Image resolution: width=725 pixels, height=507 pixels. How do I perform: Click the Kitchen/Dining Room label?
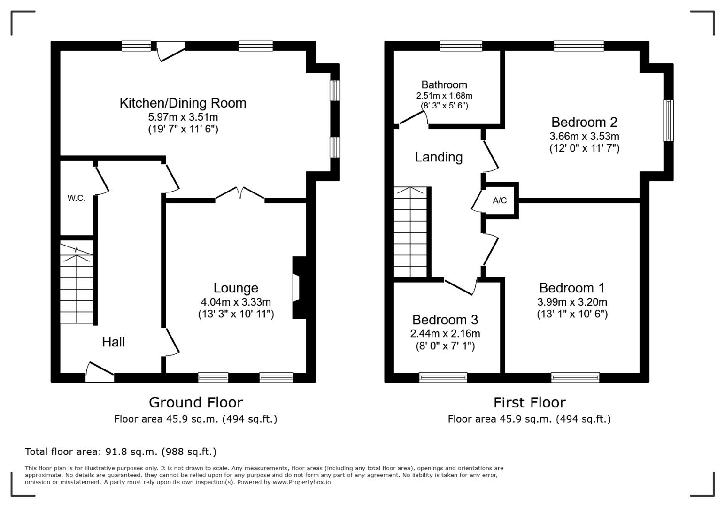click(x=183, y=103)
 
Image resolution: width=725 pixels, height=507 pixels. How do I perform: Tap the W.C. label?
click(x=77, y=198)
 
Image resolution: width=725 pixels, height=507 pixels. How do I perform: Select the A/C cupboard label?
click(x=500, y=200)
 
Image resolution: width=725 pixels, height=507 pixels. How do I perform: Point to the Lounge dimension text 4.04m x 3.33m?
click(x=236, y=302)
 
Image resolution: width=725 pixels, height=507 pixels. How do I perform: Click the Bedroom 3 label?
click(x=445, y=320)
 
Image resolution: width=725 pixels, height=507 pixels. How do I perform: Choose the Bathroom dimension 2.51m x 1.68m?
click(x=444, y=96)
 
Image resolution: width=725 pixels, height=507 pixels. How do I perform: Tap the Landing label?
click(x=439, y=157)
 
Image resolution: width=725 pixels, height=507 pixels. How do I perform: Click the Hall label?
click(x=113, y=342)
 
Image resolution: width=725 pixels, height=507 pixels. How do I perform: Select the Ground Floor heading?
click(x=196, y=402)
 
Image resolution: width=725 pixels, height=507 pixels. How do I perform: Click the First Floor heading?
click(x=530, y=402)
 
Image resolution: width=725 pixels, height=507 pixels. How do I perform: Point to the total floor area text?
click(x=121, y=451)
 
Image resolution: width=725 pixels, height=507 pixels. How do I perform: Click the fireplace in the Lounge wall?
click(x=299, y=288)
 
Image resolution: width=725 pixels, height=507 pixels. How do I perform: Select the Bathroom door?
click(x=413, y=118)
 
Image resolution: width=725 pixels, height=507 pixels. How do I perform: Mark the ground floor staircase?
click(x=77, y=282)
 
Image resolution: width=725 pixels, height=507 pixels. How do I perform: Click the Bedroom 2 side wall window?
click(x=668, y=120)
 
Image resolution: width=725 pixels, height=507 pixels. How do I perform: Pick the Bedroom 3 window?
click(x=443, y=377)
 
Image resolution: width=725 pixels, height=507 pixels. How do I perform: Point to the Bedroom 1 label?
click(x=572, y=288)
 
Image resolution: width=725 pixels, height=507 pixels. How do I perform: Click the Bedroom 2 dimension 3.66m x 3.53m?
click(x=584, y=136)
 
